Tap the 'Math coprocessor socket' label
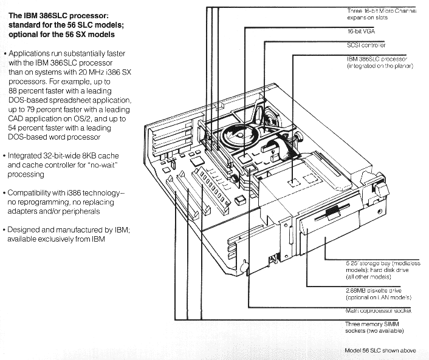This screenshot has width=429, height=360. (377, 310)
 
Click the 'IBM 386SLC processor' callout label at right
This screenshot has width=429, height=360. (377, 62)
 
